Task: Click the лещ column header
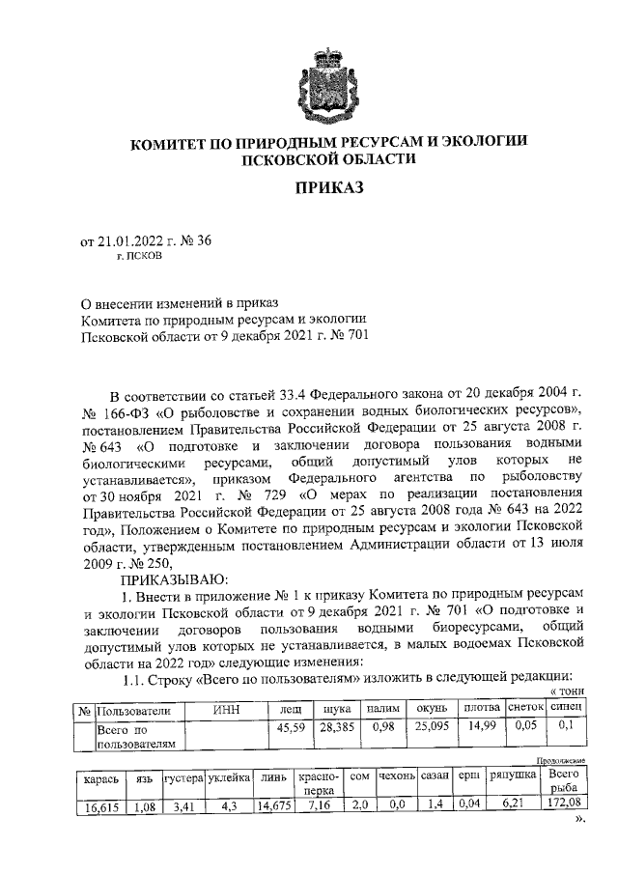(289, 711)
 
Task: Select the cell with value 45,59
(289, 727)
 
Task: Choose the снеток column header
(526, 711)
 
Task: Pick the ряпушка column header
(513, 777)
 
